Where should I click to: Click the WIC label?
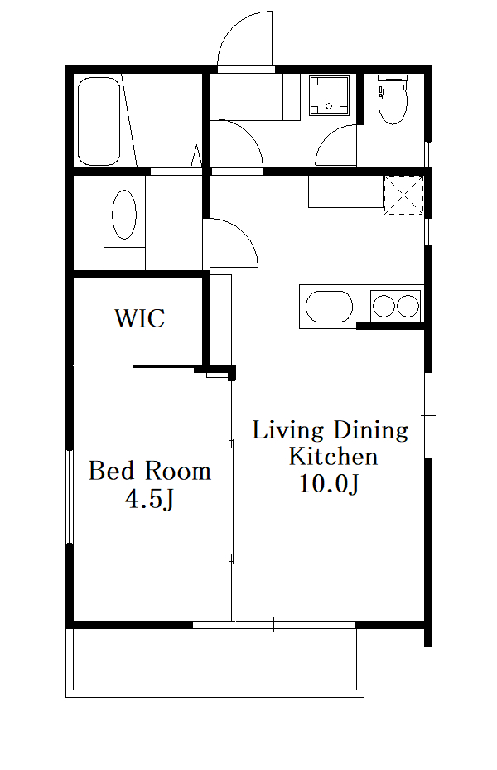pyautogui.click(x=140, y=317)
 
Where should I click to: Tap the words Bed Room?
pyautogui.click(x=150, y=471)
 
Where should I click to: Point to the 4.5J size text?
pyautogui.click(x=150, y=500)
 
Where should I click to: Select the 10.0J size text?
pyautogui.click(x=329, y=484)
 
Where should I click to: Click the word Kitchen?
pyautogui.click(x=333, y=456)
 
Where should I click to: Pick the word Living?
pyautogui.click(x=288, y=431)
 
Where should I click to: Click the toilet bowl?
pyautogui.click(x=393, y=99)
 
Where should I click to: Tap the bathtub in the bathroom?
pyautogui.click(x=99, y=121)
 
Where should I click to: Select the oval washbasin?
pyautogui.click(x=124, y=215)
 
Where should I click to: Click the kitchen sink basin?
pyautogui.click(x=329, y=308)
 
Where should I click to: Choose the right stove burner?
pyautogui.click(x=408, y=307)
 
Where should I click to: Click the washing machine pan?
pyautogui.click(x=329, y=95)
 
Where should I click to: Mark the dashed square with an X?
pyautogui.click(x=403, y=195)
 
